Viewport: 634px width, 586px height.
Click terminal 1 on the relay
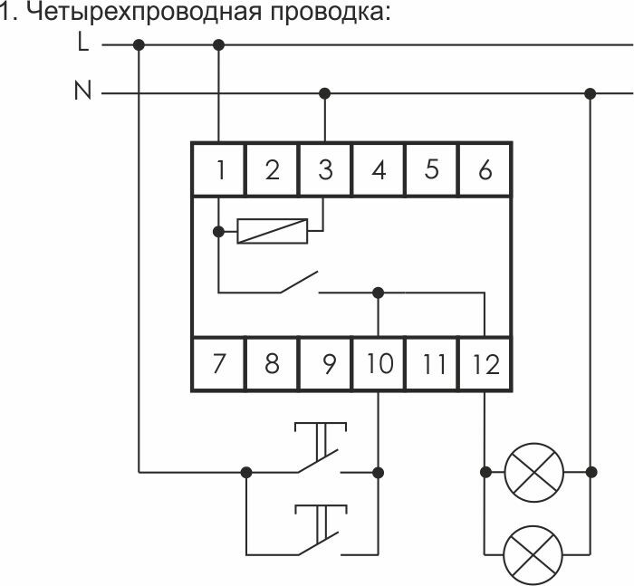pos(219,168)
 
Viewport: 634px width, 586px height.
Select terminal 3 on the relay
pos(325,168)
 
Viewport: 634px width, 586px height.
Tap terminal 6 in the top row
pos(485,168)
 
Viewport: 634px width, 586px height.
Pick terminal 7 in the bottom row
pos(219,364)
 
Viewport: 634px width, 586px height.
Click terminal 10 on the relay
pos(379,364)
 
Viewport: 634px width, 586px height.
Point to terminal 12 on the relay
pos(485,364)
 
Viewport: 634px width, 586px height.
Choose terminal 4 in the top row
pos(379,168)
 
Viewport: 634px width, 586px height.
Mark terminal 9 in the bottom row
pos(325,364)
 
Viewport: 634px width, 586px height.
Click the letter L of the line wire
pos(83,43)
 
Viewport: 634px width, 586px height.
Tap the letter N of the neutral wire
pos(82,92)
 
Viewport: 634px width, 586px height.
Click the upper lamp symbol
pos(533,471)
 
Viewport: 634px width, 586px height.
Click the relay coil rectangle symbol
pos(272,231)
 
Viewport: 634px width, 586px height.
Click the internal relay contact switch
pos(299,283)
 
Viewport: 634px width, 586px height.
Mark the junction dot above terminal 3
pos(325,92)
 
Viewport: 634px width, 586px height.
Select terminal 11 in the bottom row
pos(432,364)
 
